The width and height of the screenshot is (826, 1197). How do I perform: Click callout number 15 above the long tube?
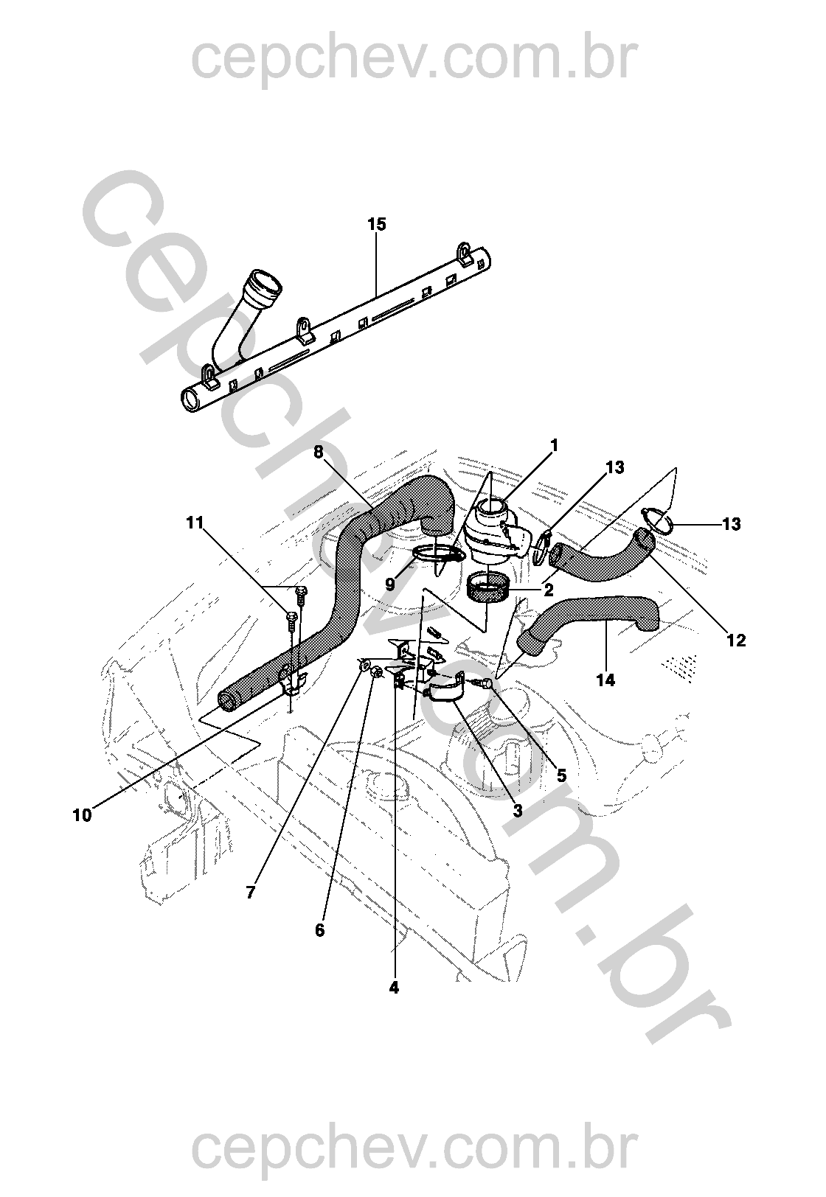376,225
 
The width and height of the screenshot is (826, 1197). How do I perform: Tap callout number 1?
554,446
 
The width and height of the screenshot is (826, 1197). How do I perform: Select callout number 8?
319,452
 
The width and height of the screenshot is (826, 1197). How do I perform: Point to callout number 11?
195,523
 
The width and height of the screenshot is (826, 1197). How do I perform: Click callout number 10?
83,815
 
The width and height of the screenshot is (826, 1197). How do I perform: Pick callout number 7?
251,893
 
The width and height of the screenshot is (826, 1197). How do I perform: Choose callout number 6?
319,931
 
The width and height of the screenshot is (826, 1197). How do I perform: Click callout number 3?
518,811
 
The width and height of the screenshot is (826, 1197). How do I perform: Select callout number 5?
562,775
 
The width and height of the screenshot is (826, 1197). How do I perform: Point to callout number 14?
605,680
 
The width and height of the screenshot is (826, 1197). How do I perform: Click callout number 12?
736,641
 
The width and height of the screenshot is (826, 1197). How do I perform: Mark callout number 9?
390,584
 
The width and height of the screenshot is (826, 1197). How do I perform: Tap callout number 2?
549,589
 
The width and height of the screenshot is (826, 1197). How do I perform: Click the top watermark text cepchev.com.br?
412,60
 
